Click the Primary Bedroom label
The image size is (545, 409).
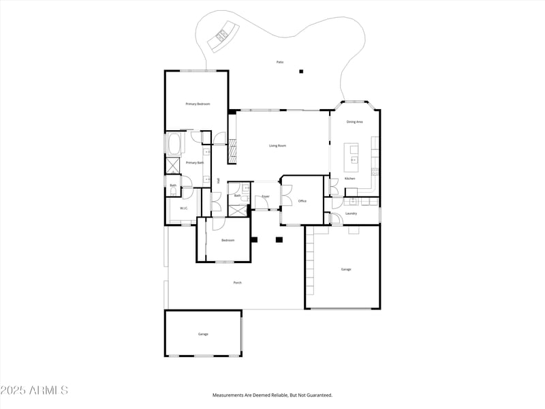coord(198,104)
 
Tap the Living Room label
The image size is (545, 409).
coord(277,145)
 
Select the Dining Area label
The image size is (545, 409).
coord(354,121)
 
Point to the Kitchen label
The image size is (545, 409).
coord(349,179)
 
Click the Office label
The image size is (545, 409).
coord(302,201)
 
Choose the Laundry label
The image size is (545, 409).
coord(351,213)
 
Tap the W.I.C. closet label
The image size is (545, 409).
coord(184,208)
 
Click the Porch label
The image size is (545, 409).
coord(237,282)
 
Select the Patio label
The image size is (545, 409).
coord(279,62)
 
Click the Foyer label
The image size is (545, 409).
coord(266,196)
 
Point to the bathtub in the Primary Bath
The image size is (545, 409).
coord(173,144)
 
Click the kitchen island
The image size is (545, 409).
coord(352,157)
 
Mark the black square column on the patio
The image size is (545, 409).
coord(300,71)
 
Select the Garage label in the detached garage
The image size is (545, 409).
coord(203,334)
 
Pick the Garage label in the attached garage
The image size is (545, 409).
coord(346,269)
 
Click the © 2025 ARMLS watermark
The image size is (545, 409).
coord(34,391)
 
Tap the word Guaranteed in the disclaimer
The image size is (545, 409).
coord(318,395)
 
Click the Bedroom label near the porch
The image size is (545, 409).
coord(228,240)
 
